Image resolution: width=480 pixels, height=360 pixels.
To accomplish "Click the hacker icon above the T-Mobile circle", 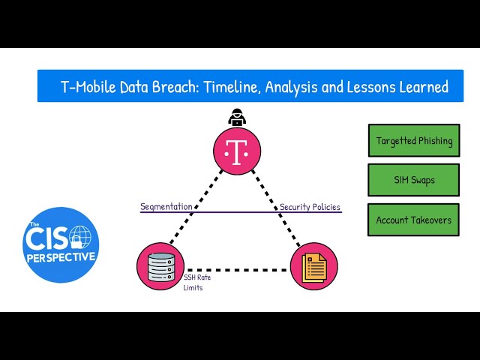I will (236, 117).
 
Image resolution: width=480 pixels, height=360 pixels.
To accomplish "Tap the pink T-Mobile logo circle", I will (237, 151).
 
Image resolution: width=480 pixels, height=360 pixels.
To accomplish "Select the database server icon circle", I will (160, 266).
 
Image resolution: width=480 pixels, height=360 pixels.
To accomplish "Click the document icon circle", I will (313, 266).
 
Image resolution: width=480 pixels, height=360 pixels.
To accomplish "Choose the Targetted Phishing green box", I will (413, 140).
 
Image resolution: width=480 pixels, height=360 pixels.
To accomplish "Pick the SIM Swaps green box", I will (413, 180).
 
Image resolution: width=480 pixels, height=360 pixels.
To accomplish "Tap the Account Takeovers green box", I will (413, 220).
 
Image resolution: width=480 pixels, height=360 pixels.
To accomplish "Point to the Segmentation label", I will (166, 206).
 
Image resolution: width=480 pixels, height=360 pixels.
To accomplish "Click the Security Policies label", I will (310, 206).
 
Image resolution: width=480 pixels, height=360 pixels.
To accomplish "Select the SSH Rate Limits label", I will (196, 282).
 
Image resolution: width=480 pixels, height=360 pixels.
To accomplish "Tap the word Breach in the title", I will (169, 87).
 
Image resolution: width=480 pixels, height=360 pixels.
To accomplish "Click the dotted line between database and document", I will (237, 268).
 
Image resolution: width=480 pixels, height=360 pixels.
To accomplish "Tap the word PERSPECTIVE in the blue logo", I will (61, 256).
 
